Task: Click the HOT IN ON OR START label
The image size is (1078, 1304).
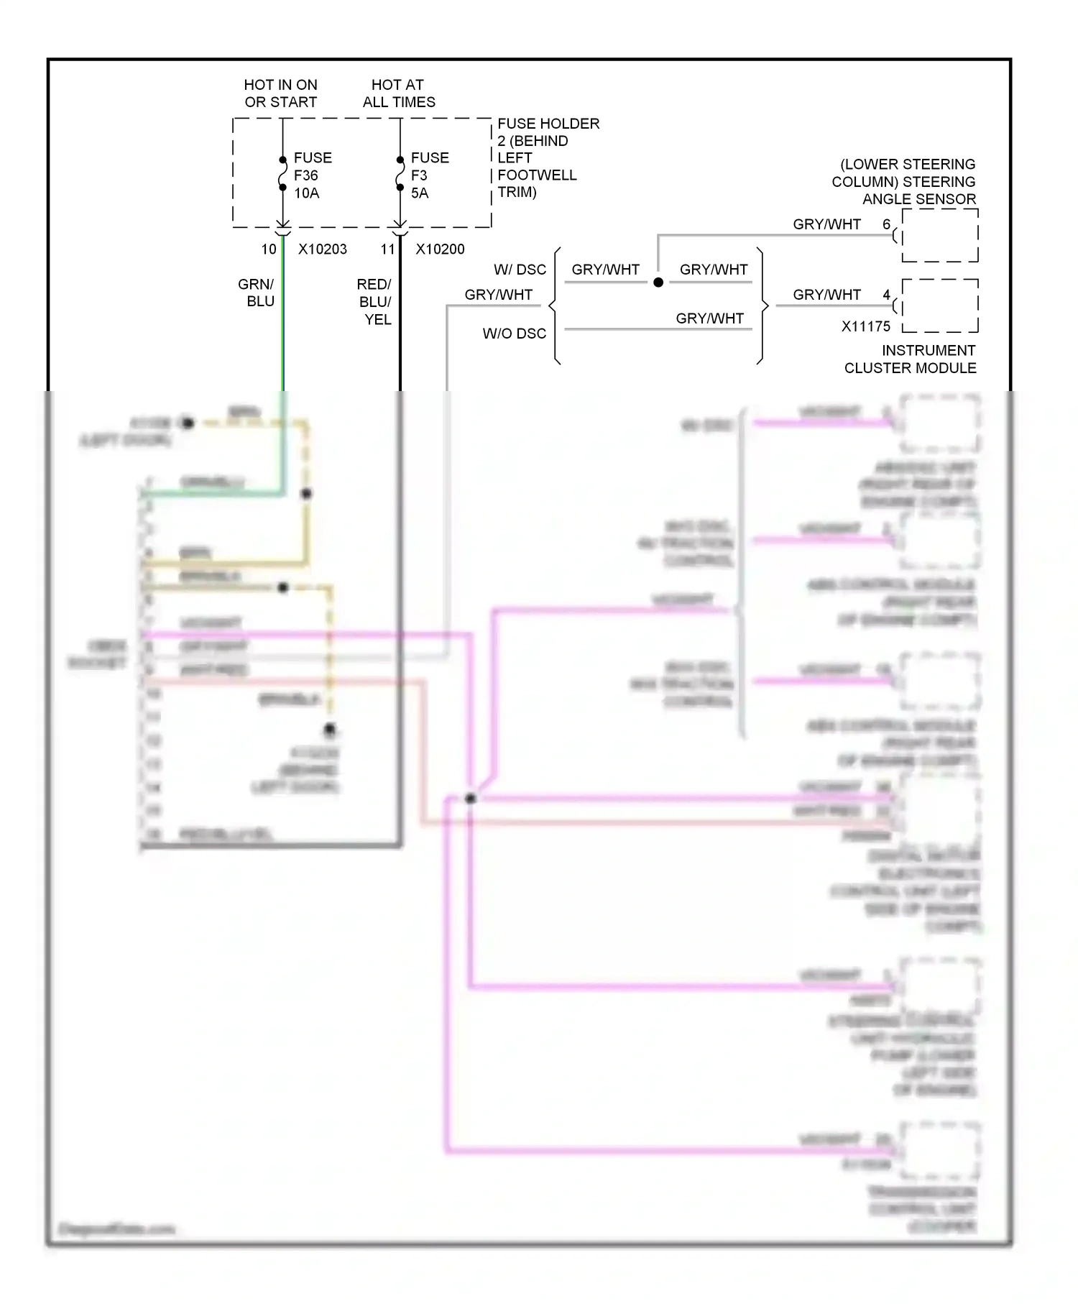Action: click(280, 93)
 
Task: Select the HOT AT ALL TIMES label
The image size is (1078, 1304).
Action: click(398, 93)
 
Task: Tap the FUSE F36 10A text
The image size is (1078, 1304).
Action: click(312, 175)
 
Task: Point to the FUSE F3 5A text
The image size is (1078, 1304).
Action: click(429, 175)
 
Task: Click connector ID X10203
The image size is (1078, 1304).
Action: click(322, 249)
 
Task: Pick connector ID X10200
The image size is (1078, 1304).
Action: click(440, 249)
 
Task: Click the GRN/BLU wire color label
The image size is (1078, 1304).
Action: click(257, 293)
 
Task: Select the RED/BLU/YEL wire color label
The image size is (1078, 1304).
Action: click(374, 302)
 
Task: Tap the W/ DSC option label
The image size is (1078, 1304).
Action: click(520, 270)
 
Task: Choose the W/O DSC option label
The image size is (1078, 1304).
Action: click(514, 334)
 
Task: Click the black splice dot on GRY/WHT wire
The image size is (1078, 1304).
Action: click(658, 283)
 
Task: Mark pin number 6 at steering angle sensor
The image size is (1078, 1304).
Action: click(886, 224)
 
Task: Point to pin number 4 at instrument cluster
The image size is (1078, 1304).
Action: click(886, 295)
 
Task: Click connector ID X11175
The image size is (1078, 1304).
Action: click(865, 326)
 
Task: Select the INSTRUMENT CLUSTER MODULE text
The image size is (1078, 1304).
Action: click(911, 359)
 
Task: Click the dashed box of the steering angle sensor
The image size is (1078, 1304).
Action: click(940, 236)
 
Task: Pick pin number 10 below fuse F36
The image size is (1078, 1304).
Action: click(269, 249)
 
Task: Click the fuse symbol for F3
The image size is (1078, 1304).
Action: click(400, 174)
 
